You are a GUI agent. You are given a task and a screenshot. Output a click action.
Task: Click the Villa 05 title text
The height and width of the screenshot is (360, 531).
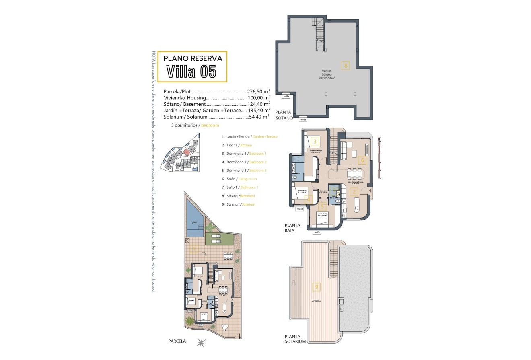click(191, 72)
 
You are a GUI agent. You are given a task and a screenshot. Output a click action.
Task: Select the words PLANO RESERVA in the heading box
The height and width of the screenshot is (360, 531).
click(193, 58)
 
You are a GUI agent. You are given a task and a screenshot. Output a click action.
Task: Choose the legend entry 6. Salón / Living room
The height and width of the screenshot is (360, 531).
click(239, 179)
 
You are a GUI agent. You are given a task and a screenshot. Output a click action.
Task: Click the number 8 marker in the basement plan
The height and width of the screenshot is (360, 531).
click(345, 64)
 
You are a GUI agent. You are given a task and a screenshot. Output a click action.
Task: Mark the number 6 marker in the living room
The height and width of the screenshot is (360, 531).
click(362, 160)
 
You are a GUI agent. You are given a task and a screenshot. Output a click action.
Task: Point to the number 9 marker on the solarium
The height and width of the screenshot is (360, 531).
click(317, 287)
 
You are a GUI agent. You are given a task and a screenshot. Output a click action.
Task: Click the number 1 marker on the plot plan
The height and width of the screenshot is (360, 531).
click(193, 249)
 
